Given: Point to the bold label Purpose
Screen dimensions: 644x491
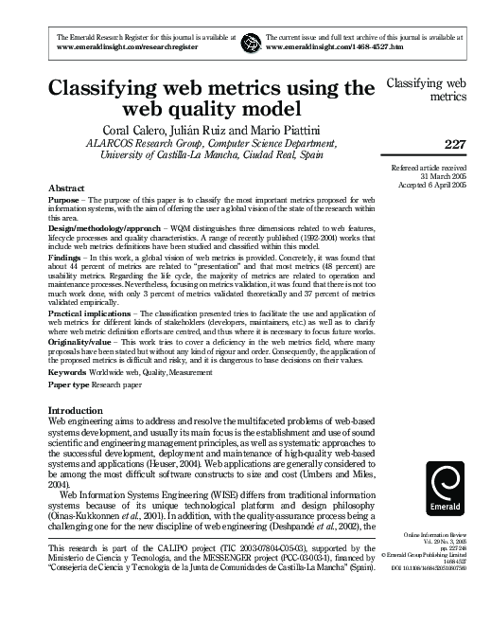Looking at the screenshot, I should pos(63,202).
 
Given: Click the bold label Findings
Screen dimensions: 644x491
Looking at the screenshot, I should pos(64,255).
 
